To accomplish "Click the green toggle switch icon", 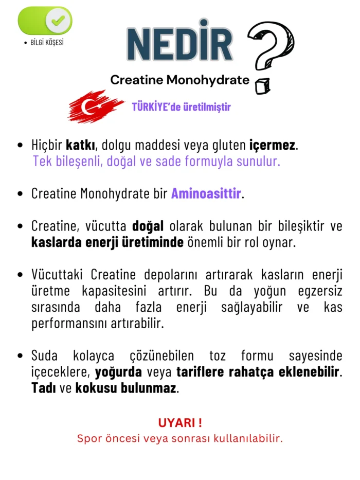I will coord(45,21).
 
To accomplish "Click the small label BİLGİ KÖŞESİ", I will coord(47,42).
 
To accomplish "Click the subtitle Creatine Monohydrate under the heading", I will coord(179,80).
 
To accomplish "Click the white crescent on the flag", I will coord(88,107).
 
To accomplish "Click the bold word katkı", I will coord(78,146).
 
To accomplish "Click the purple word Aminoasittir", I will coord(206,194).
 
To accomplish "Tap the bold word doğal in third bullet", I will coord(148,226).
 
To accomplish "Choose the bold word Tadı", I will coord(43,387).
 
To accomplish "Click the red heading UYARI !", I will coord(179,423).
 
